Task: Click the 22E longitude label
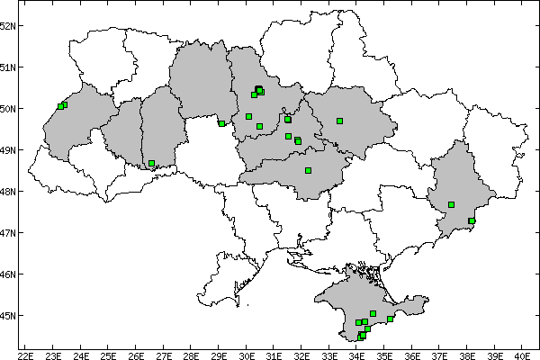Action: point(26,352)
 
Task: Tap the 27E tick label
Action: point(165,352)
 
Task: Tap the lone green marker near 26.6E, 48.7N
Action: point(152,164)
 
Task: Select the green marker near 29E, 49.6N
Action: point(221,123)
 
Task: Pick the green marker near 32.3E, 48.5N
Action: point(308,170)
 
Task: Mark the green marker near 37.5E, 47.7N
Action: point(452,204)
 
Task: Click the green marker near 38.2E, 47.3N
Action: point(472,220)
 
